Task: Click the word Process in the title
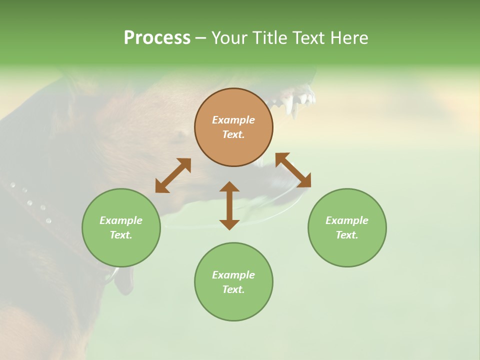pyautogui.click(x=157, y=38)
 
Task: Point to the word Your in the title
pyautogui.click(x=230, y=38)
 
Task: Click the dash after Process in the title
pyautogui.click(x=201, y=38)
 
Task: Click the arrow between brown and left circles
pyautogui.click(x=173, y=175)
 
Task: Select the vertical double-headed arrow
pyautogui.click(x=229, y=205)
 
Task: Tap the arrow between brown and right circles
pyautogui.click(x=293, y=170)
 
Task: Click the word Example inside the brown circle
pyautogui.click(x=233, y=120)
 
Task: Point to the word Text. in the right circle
pyautogui.click(x=347, y=235)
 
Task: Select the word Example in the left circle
pyautogui.click(x=121, y=220)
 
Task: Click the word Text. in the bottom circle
pyautogui.click(x=233, y=289)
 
